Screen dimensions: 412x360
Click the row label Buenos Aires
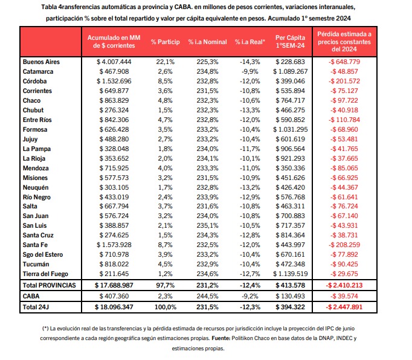point(41,62)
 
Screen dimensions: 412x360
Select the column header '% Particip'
point(166,42)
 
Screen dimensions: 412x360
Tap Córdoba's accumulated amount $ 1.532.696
point(114,81)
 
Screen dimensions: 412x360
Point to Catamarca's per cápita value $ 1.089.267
point(290,71)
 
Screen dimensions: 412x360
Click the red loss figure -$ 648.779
point(344,62)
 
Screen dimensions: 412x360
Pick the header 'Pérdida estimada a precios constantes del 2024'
point(344,42)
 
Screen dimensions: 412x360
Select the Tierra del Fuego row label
point(45,274)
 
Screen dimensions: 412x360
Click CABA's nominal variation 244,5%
point(207,296)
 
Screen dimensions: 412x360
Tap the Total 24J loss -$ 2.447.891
point(344,307)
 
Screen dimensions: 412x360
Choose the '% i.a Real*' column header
point(250,42)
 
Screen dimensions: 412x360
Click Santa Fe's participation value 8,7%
point(166,245)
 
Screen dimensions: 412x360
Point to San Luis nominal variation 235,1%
point(207,225)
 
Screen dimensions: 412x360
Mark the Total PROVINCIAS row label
point(49,285)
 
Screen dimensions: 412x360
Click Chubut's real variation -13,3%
point(250,110)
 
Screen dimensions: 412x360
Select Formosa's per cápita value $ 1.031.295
point(290,129)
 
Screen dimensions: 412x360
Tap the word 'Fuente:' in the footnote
point(220,338)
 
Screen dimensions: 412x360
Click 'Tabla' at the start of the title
point(49,7)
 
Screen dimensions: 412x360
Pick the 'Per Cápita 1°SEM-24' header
point(290,42)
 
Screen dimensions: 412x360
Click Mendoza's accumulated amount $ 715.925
point(114,168)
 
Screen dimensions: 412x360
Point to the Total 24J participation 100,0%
point(166,307)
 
